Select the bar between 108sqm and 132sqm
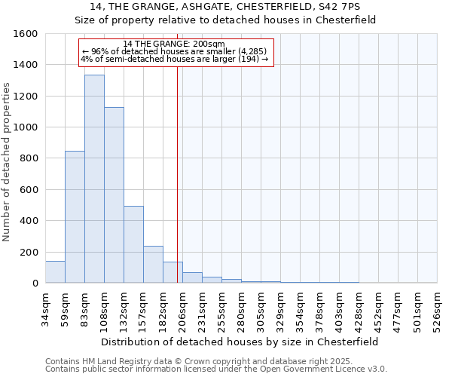click(x=114, y=195)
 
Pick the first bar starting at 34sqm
click(x=55, y=272)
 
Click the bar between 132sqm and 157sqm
click(x=133, y=245)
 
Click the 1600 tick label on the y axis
click(x=26, y=34)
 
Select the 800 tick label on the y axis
click(x=29, y=158)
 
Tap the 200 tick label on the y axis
click(x=29, y=252)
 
